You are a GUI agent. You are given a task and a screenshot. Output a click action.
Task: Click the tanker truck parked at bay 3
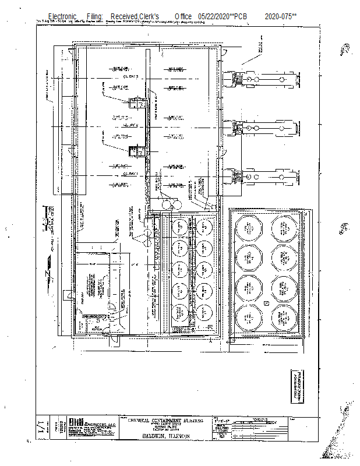[265, 78]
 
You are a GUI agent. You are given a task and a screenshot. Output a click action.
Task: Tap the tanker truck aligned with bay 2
[265, 126]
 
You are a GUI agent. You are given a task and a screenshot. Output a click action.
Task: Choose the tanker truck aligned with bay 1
[265, 175]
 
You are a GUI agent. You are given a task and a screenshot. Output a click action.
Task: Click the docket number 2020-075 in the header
[281, 16]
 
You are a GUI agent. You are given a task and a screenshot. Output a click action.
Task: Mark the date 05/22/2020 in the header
[214, 16]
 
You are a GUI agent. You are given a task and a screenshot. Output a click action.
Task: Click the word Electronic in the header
[62, 16]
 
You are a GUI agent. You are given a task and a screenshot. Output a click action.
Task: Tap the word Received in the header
[125, 16]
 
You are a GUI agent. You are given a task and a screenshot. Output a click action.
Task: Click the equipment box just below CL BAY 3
[137, 103]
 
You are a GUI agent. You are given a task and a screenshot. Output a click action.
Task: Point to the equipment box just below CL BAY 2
[137, 151]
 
